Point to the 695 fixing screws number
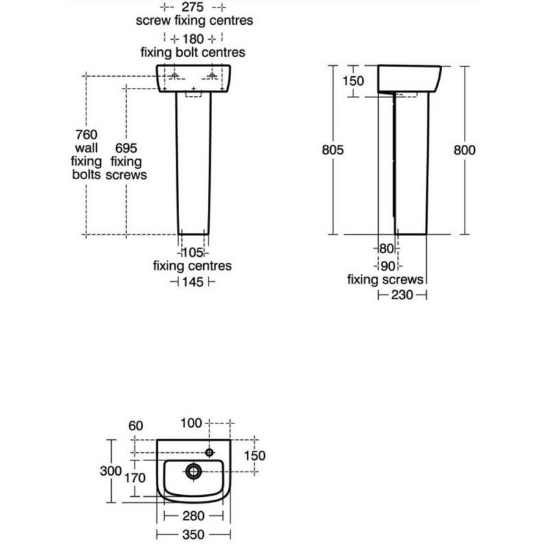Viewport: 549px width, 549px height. point(128,148)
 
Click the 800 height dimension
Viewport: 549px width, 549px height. point(465,150)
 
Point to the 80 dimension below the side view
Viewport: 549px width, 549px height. point(386,248)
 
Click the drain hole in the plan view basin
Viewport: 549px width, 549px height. point(194,471)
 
